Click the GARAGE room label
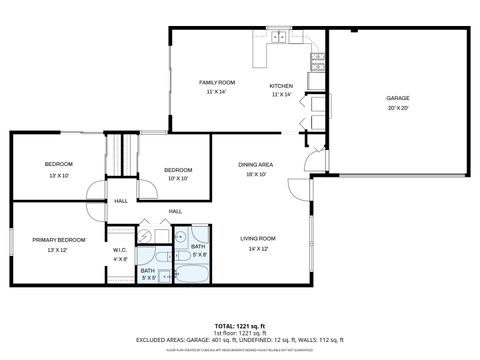(398, 98)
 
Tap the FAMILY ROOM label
(216, 82)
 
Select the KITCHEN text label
(281, 87)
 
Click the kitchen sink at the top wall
(279, 39)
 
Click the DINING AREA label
(256, 164)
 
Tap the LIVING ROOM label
(257, 238)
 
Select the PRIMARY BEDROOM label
(58, 240)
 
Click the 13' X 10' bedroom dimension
(58, 174)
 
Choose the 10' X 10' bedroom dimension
(177, 180)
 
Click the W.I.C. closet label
(119, 250)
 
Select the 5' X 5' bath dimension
(148, 277)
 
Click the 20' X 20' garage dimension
(398, 108)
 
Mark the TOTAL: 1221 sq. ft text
(240, 326)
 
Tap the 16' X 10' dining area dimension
(256, 174)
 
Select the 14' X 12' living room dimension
(257, 248)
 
